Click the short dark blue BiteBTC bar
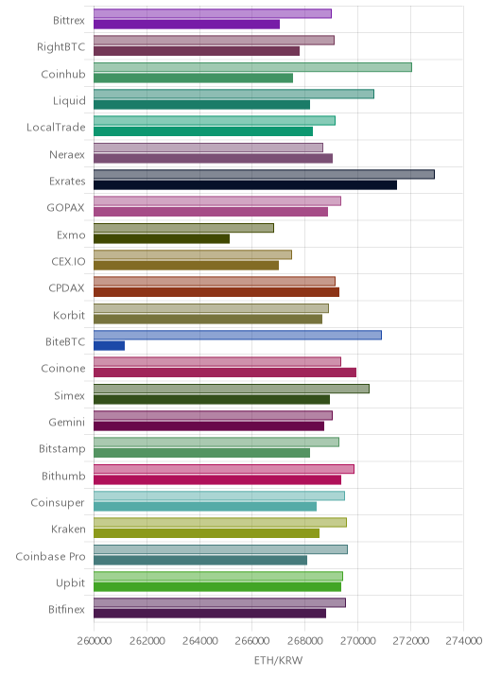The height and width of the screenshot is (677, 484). point(110,345)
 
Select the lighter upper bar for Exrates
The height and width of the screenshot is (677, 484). point(265,174)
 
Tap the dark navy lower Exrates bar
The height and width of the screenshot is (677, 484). point(245,184)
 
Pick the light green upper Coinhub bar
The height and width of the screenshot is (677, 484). point(252,67)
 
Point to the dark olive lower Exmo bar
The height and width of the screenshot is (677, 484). point(162,238)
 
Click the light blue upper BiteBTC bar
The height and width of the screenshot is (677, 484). point(237,335)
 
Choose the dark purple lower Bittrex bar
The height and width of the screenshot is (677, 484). point(186,25)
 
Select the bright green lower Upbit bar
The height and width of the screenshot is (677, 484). point(217,587)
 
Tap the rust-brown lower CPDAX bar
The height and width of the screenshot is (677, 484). point(216,292)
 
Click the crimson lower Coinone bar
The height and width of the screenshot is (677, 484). point(225,373)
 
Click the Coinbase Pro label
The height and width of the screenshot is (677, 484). point(50,556)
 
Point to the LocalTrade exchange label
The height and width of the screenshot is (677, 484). point(56,127)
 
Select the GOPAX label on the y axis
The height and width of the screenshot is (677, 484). point(65,208)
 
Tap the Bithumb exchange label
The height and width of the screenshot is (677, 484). point(63,476)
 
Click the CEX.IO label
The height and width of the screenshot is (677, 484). point(68,261)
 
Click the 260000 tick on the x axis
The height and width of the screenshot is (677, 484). point(95,640)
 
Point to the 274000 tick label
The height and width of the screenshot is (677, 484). point(464,640)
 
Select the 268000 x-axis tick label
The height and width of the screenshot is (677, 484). point(304,640)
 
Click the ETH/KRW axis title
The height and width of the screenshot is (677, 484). point(279,660)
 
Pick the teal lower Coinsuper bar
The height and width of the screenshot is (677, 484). point(205,507)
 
